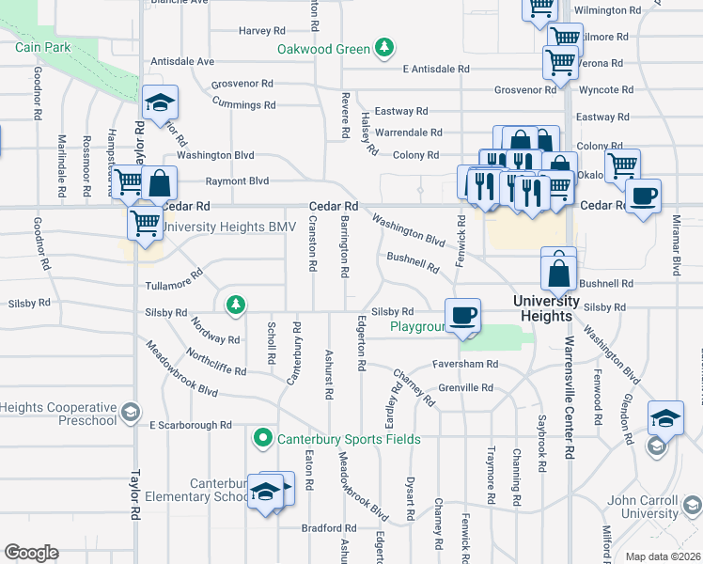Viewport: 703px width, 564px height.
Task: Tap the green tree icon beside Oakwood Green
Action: click(383, 47)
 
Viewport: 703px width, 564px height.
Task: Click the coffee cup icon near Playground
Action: click(461, 316)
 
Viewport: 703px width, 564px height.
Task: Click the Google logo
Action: click(31, 552)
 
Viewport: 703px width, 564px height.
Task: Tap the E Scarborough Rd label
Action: click(191, 425)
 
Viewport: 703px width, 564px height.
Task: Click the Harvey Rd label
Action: click(255, 31)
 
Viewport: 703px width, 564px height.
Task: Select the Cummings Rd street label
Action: click(243, 106)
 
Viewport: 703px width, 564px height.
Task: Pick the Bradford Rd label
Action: click(329, 528)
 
